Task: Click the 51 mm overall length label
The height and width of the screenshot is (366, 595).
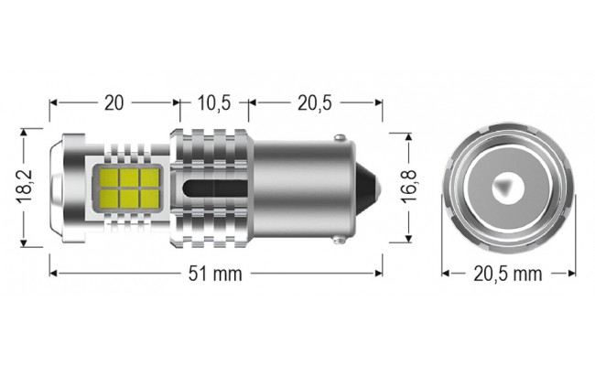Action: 216,273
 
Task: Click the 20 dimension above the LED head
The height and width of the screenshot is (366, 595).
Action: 114,102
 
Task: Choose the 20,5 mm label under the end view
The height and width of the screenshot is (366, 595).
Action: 508,273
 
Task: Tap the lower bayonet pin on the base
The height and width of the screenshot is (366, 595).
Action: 341,239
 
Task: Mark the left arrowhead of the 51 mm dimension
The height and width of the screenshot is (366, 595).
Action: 53,273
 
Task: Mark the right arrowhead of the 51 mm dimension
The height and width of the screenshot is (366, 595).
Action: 379,273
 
